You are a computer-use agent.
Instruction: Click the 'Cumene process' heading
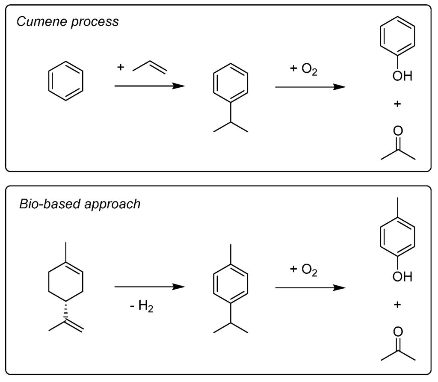tap(68, 22)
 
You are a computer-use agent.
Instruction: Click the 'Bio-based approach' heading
tap(80, 204)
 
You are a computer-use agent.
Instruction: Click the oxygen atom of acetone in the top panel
tap(398, 130)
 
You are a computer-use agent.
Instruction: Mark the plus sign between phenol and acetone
tap(397, 104)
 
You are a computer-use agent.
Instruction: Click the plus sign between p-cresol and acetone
tap(397, 305)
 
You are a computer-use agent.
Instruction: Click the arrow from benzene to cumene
tap(149, 86)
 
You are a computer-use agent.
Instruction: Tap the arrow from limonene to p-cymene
tap(149, 287)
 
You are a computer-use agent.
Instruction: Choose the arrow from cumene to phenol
tap(310, 86)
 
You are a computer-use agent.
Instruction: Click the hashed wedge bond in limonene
tap(66, 311)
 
